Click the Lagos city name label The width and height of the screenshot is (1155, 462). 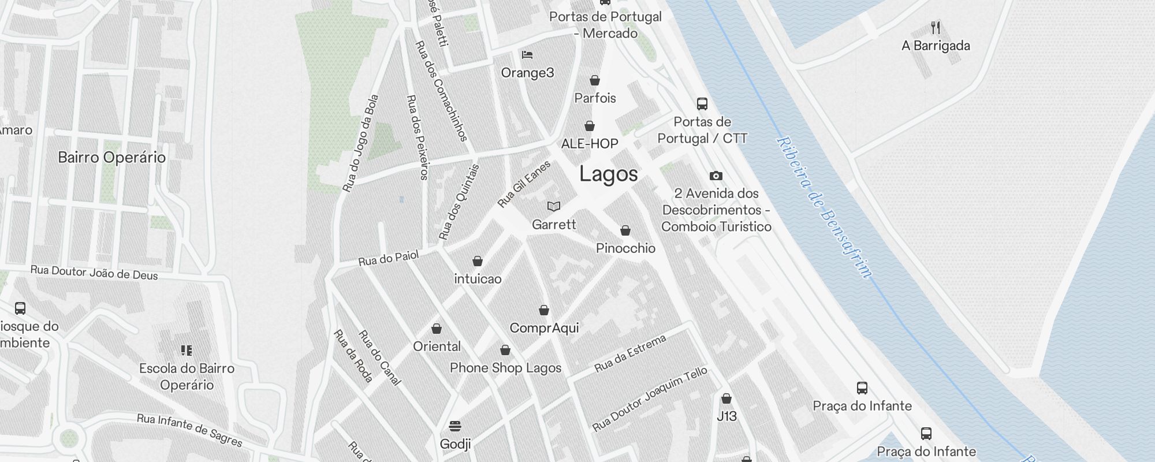point(608,174)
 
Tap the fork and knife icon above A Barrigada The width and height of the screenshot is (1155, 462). point(936,27)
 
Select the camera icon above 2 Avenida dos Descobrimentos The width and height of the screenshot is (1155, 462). point(716,176)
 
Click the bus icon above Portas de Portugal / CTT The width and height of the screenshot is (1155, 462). point(702,104)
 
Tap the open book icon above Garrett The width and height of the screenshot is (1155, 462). point(553,206)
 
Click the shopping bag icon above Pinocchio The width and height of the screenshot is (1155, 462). point(625,230)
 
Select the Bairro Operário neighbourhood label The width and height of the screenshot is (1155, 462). point(111,157)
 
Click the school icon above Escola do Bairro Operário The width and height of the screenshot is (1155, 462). point(186,350)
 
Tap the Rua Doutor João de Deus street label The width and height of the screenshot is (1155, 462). point(94,273)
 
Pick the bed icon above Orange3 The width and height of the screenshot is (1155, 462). point(527,55)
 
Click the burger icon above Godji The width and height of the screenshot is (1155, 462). point(454,426)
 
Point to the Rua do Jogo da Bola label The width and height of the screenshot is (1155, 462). point(360,143)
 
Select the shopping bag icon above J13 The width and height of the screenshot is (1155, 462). point(726,398)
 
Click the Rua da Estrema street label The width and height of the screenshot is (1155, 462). point(630,353)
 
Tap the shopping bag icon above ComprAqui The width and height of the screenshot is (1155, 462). point(543,310)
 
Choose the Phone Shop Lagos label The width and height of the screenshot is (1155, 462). point(505,368)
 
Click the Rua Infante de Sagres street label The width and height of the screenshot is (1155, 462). point(189,430)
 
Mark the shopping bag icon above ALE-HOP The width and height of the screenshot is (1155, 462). point(589,125)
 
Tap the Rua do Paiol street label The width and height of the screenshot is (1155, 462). point(388,258)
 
